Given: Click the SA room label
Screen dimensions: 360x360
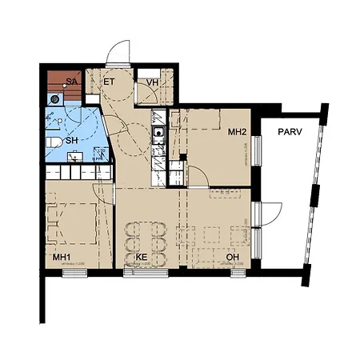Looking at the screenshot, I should pyautogui.click(x=71, y=82).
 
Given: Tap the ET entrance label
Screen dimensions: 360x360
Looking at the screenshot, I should pyautogui.click(x=110, y=82).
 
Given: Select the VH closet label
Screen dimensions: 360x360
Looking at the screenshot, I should pyautogui.click(x=150, y=82).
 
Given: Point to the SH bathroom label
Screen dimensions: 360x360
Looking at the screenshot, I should pyautogui.click(x=72, y=141).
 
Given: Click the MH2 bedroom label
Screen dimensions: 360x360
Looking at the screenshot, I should pyautogui.click(x=237, y=131).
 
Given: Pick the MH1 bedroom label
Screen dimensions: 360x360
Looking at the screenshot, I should pyautogui.click(x=63, y=258).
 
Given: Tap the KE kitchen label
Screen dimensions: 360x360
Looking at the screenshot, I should pyautogui.click(x=142, y=258).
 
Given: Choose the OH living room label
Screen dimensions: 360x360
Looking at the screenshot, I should pyautogui.click(x=233, y=258).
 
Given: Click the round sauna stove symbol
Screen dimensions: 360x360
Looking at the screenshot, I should pyautogui.click(x=54, y=99).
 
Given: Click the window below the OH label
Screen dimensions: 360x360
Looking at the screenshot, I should pyautogui.click(x=238, y=273).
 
